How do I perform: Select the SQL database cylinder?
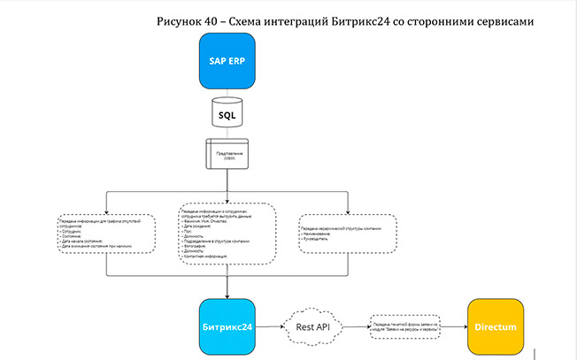pos(227,113)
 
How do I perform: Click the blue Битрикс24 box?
pos(227,326)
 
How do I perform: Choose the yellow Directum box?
pos(496,327)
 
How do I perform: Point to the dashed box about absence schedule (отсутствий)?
pos(106,234)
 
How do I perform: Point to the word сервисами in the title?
pos(508,19)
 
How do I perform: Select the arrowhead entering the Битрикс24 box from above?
pos(227,296)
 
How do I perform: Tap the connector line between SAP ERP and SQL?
pos(227,96)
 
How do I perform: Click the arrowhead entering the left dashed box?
pos(106,211)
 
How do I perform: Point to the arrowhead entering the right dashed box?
pos(347,211)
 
